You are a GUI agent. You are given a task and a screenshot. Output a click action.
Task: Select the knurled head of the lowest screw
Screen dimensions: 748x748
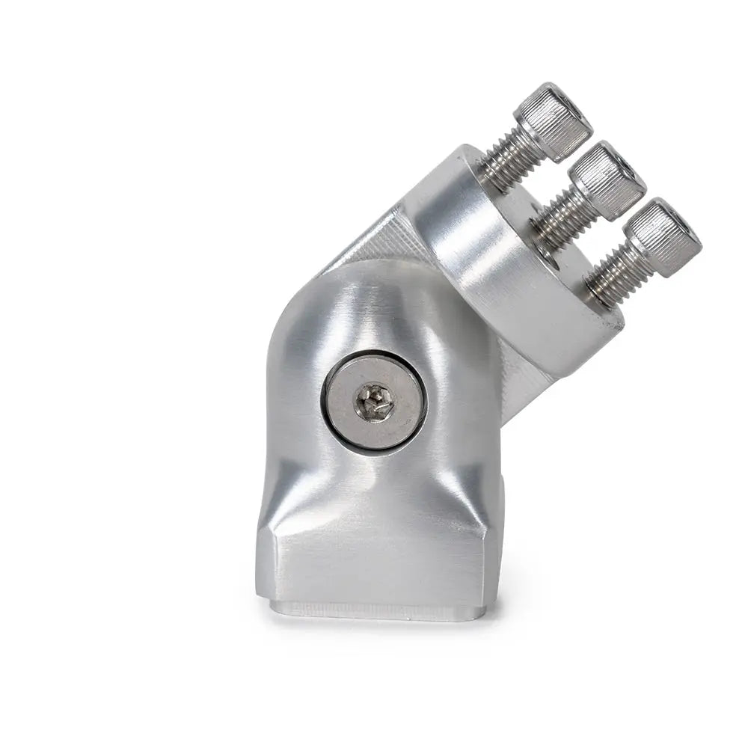pos(663,236)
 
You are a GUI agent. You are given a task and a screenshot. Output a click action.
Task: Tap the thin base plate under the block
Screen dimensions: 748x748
pos(374,610)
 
